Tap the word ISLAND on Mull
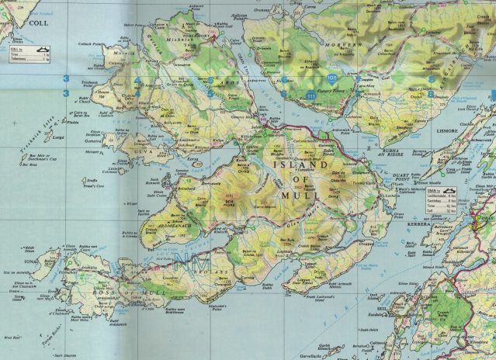click(x=290, y=163)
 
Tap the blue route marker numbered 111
click(x=312, y=95)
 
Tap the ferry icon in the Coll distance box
click(x=43, y=50)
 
